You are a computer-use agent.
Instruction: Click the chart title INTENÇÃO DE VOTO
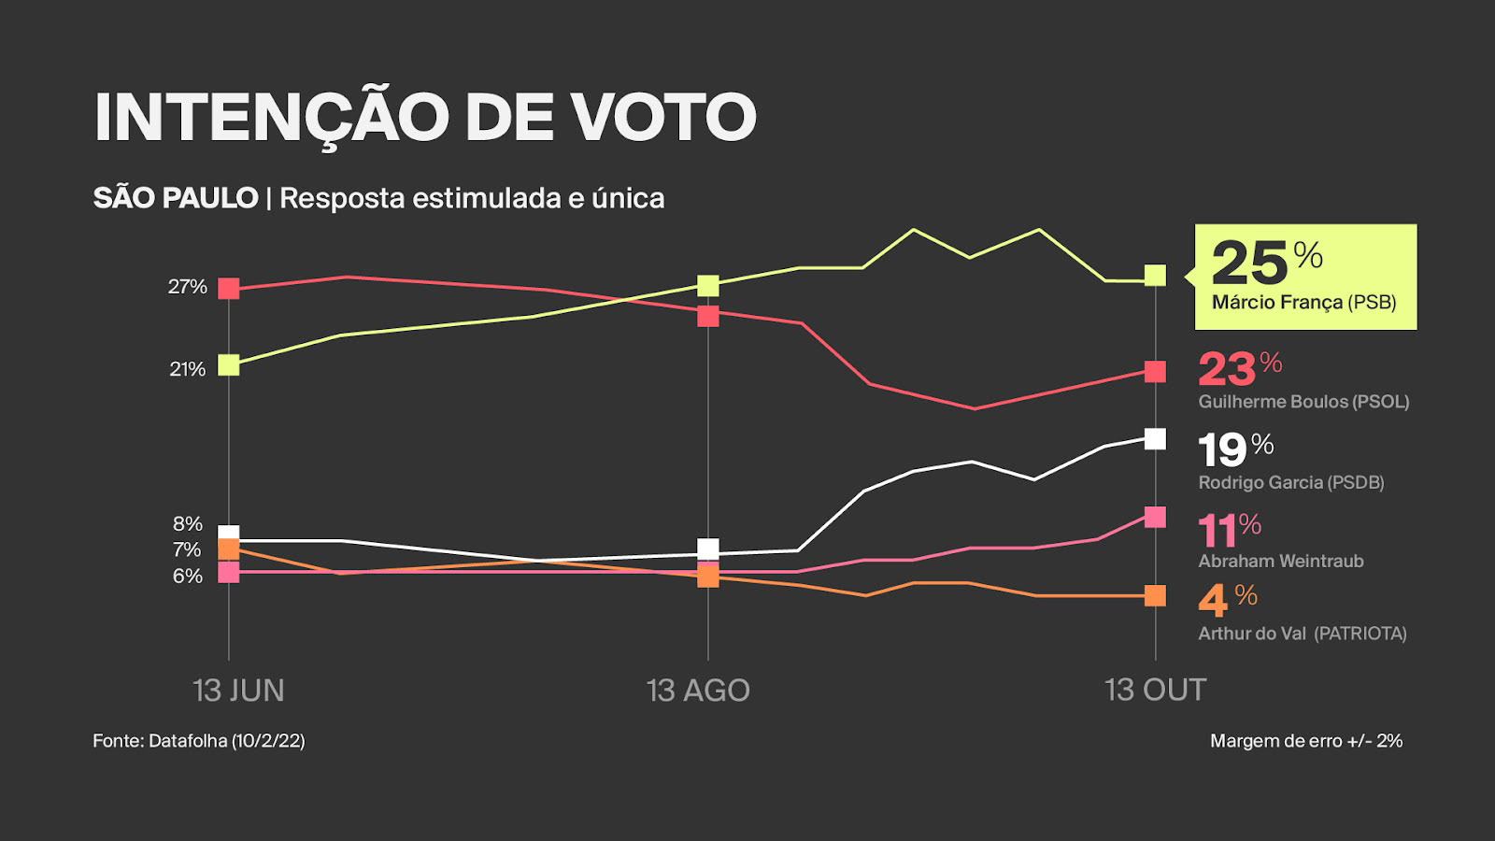(425, 118)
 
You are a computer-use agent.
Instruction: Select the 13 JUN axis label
(238, 691)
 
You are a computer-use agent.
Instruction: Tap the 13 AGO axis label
(698, 691)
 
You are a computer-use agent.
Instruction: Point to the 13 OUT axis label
(1155, 691)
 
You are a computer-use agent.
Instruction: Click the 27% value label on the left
(187, 287)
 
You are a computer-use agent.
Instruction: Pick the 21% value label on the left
(187, 369)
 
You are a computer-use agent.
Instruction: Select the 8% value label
(187, 524)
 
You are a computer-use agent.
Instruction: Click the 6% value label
(187, 577)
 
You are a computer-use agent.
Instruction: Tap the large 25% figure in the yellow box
(1266, 263)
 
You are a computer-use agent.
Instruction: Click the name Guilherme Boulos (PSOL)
(1303, 402)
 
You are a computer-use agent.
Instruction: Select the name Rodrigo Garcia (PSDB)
(1290, 482)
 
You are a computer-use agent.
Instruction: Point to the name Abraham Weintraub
(1281, 561)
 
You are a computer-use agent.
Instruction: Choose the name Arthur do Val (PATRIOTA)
(1302, 634)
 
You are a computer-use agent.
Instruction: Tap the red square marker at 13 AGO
(708, 316)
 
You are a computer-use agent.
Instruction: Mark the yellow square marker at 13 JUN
(229, 365)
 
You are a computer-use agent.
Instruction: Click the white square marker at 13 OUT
(1156, 438)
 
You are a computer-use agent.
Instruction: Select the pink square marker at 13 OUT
(1156, 517)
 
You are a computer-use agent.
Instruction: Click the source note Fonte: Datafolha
(198, 741)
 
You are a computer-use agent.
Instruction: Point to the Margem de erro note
(1306, 741)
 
